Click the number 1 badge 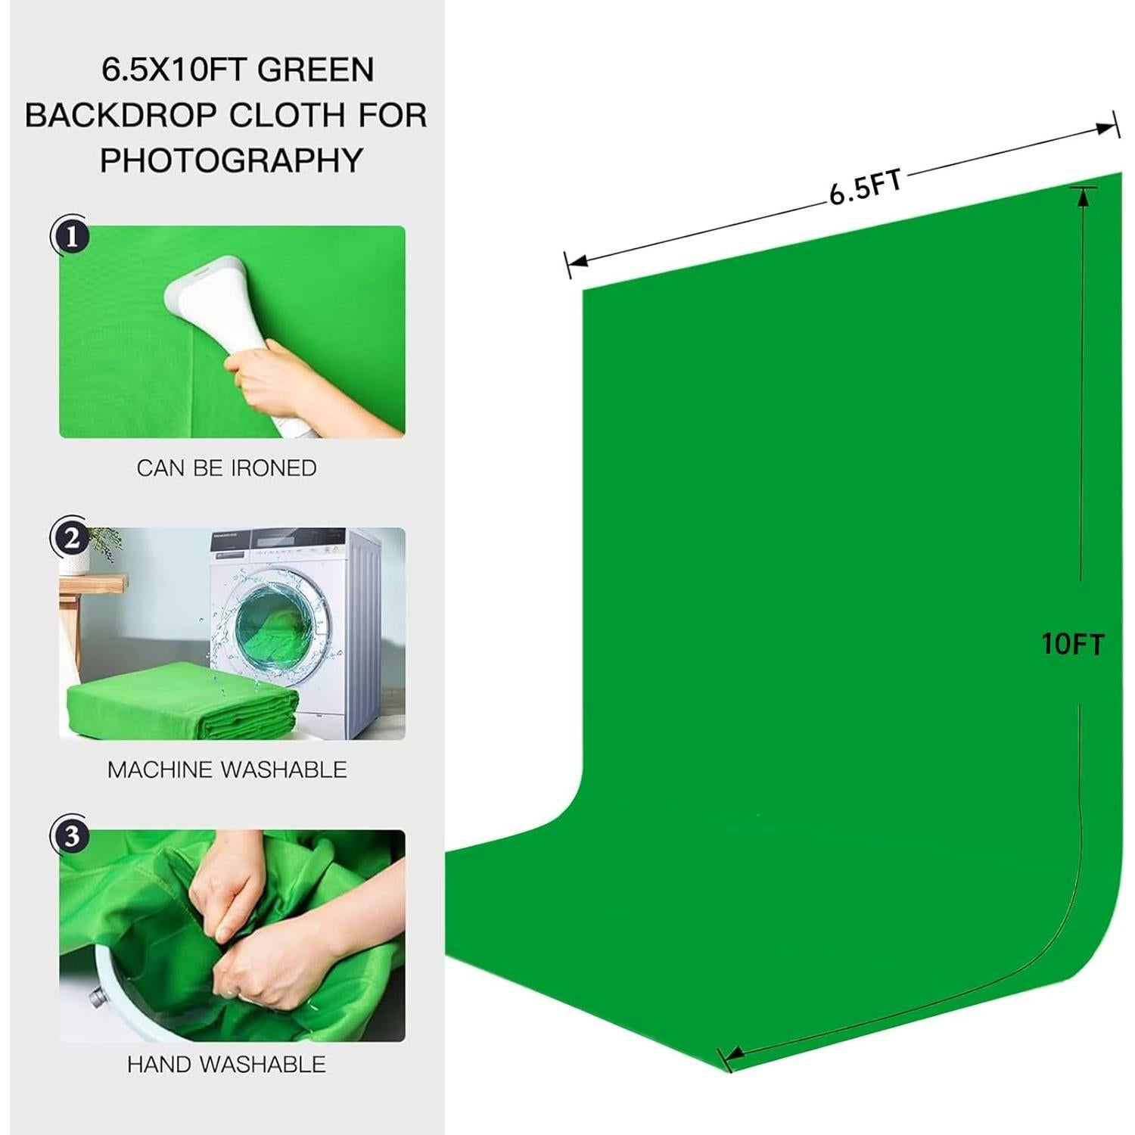[x=71, y=236]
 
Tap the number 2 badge [x=71, y=539]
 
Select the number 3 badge [x=71, y=837]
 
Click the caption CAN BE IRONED [x=227, y=468]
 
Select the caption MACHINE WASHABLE [x=227, y=770]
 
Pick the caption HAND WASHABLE [x=227, y=1064]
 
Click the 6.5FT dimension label [x=866, y=187]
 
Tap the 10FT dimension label [x=1072, y=645]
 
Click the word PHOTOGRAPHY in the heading [x=232, y=160]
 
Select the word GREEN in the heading [x=316, y=70]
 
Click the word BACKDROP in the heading [x=122, y=115]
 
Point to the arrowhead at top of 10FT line [x=1083, y=196]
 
